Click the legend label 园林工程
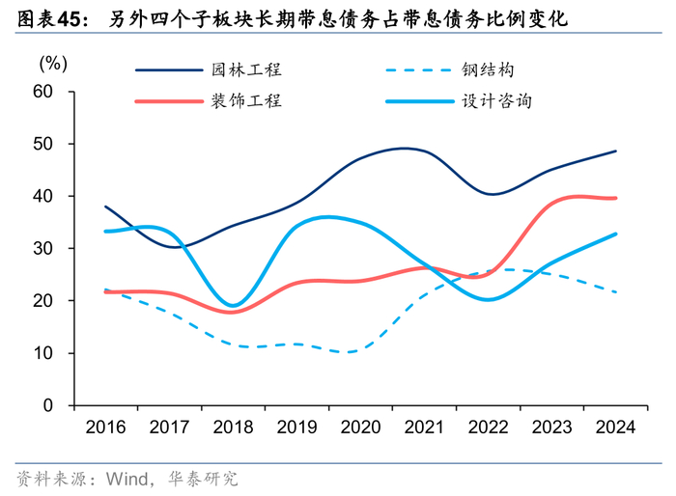(x=246, y=70)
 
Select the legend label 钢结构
(x=486, y=70)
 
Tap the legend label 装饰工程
(x=246, y=100)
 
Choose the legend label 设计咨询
(x=496, y=100)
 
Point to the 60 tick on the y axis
(x=42, y=92)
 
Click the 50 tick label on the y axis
(x=42, y=144)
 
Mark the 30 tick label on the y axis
(x=42, y=249)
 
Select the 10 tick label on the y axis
(x=42, y=353)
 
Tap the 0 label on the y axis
(x=47, y=405)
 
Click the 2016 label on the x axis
(x=104, y=427)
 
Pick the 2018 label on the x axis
(x=233, y=427)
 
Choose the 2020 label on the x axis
(x=360, y=427)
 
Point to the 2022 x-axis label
(x=488, y=427)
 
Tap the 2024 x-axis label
(x=615, y=427)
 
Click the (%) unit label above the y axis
(x=52, y=64)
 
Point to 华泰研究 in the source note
(x=203, y=479)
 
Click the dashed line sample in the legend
(x=417, y=70)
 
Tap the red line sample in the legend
(x=168, y=100)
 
